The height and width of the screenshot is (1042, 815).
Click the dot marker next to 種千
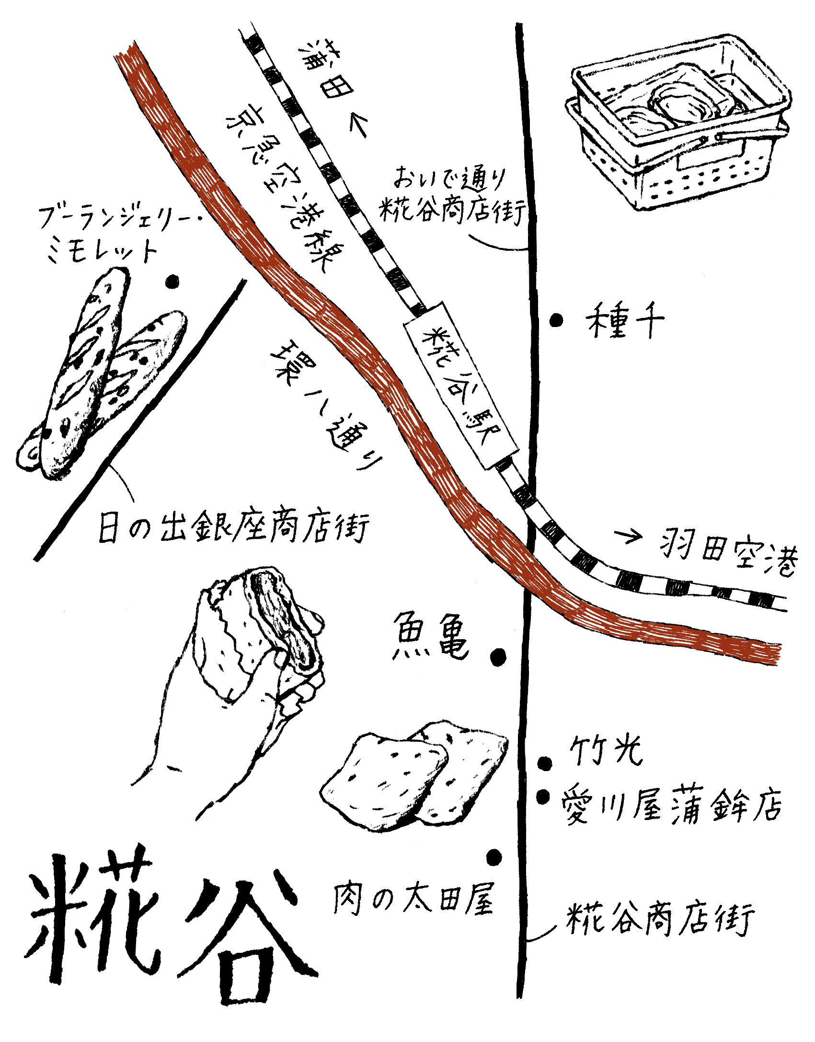click(556, 320)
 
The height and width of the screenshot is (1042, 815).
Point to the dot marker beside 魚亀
click(498, 655)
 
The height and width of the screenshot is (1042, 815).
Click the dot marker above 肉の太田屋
click(494, 857)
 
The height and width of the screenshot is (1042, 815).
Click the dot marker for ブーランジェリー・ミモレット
click(172, 282)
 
